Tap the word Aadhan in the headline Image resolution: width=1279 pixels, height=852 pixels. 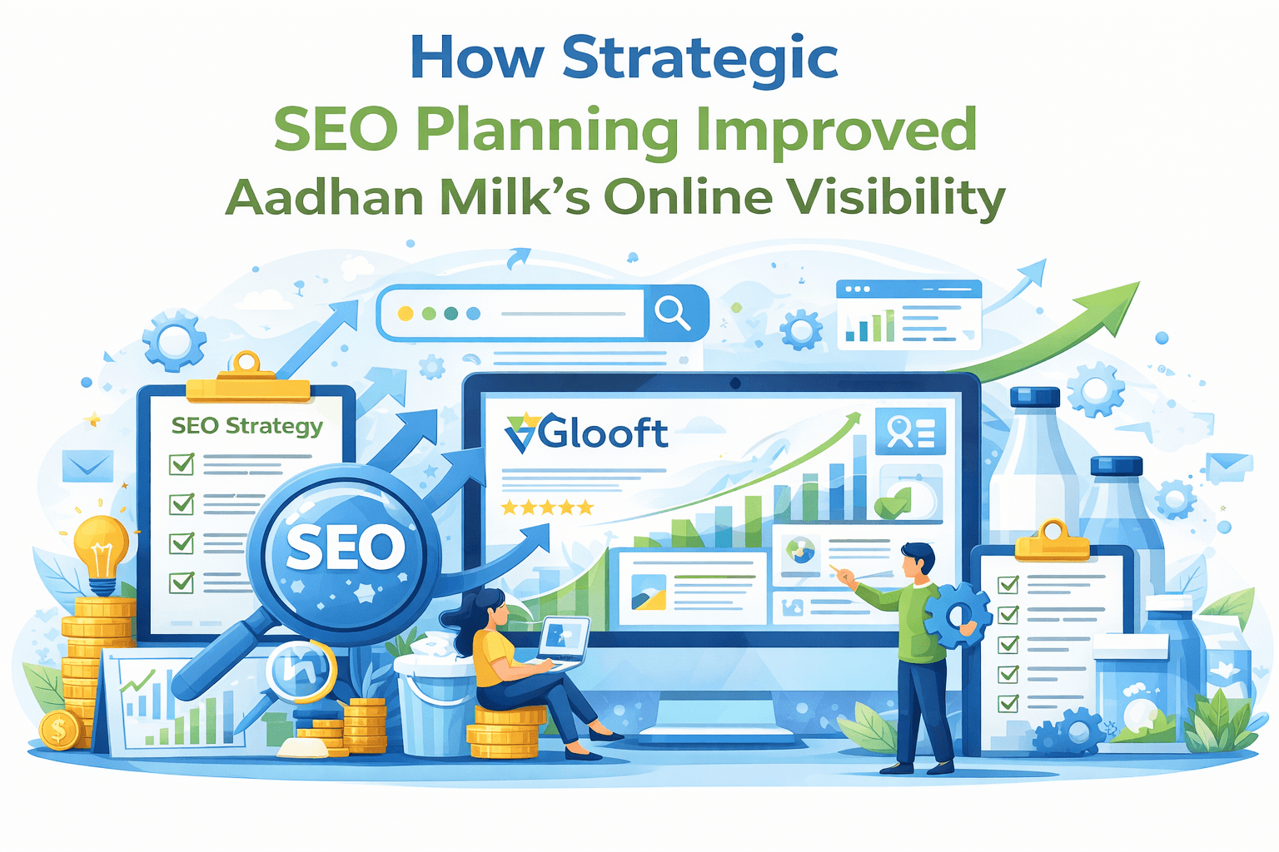coord(324,198)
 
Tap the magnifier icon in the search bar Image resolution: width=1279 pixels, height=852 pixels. coord(672,313)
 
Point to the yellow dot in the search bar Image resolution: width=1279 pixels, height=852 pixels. coord(406,314)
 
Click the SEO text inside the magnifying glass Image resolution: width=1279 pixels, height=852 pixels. coord(345,547)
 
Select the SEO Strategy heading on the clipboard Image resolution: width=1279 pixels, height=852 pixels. coord(246,426)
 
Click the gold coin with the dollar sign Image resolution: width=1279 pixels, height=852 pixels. coord(58,731)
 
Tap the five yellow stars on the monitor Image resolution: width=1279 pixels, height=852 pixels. coord(547,507)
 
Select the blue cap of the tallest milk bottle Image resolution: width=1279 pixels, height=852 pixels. coord(1034,397)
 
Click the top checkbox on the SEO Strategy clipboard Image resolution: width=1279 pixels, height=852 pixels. coord(182,463)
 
